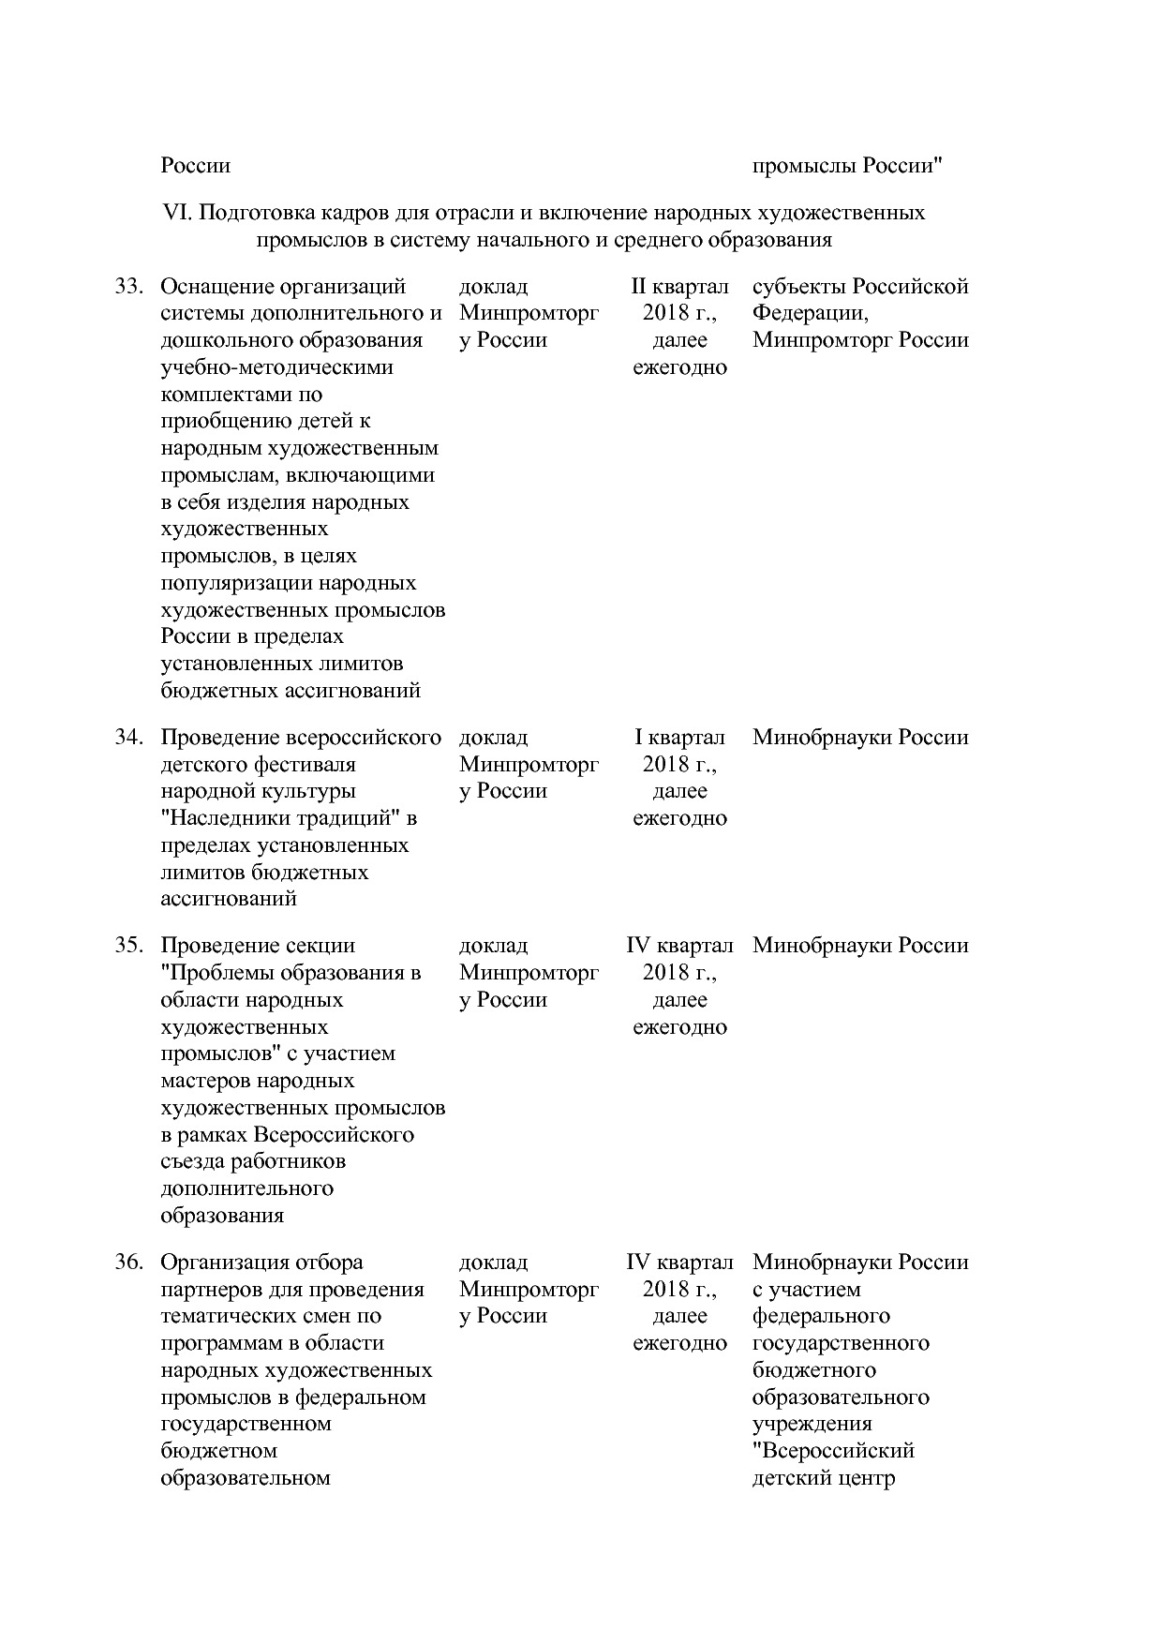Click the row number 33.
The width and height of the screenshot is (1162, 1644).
tap(127, 287)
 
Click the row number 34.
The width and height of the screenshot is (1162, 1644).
tap(127, 738)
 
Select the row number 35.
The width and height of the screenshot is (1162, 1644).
tap(127, 946)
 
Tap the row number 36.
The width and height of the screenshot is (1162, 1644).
tap(127, 1263)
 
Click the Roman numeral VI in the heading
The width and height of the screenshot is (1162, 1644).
tap(177, 213)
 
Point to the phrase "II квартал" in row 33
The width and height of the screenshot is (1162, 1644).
tap(679, 287)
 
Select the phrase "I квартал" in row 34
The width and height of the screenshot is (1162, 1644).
tap(679, 738)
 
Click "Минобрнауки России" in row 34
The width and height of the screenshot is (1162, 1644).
tap(859, 738)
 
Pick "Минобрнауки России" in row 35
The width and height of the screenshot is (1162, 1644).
tap(859, 946)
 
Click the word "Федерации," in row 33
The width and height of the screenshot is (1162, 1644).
tap(811, 313)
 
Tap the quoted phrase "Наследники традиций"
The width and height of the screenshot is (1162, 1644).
tap(289, 818)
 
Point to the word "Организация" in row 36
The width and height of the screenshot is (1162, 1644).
tap(228, 1263)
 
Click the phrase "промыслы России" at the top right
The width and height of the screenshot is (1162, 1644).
tap(847, 167)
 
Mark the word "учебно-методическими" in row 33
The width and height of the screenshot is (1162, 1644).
tap(276, 367)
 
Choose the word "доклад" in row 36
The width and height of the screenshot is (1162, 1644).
tap(493, 1263)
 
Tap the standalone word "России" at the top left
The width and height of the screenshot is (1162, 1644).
tap(195, 167)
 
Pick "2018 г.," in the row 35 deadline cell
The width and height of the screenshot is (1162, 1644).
tap(679, 973)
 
